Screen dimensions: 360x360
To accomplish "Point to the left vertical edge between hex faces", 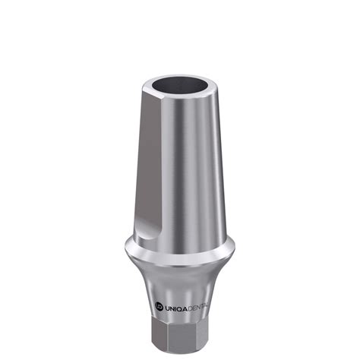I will pos(150,334).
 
